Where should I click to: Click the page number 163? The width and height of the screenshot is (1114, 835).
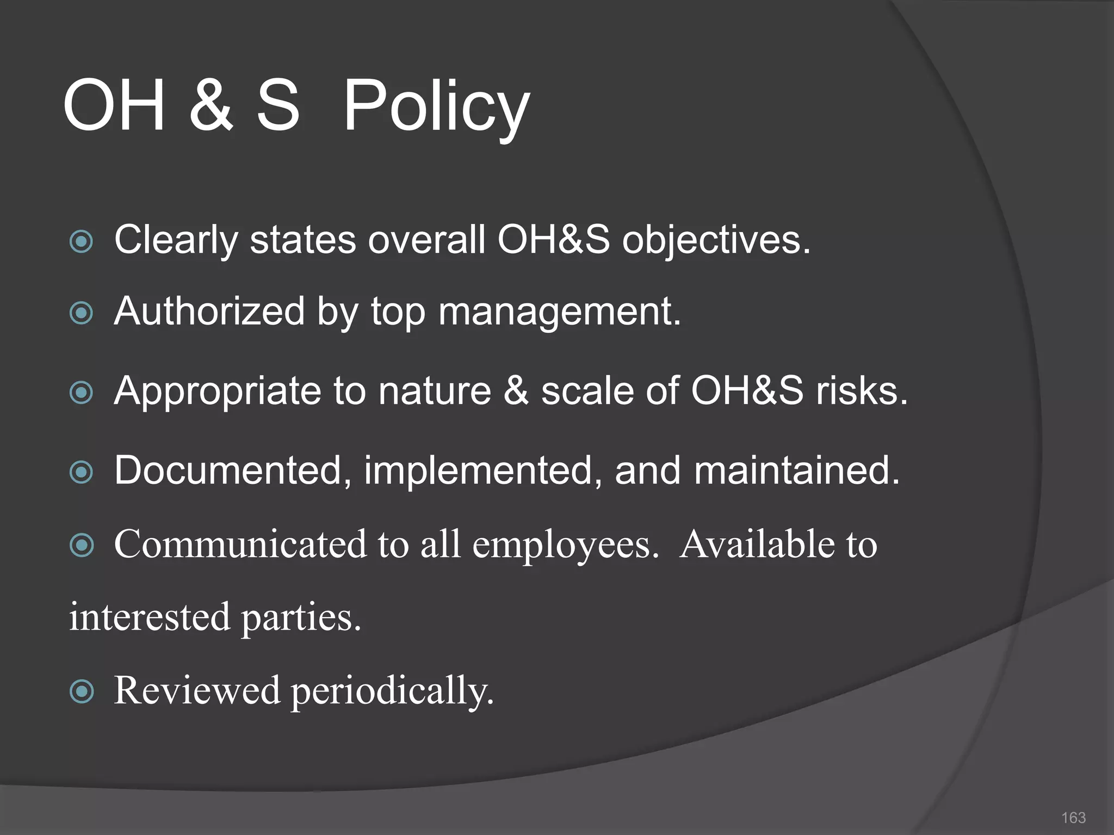[x=1073, y=817]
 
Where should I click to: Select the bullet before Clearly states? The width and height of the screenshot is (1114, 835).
[x=82, y=241]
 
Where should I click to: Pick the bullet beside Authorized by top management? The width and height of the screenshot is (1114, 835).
[x=82, y=313]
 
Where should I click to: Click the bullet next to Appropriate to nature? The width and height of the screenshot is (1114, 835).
[x=82, y=392]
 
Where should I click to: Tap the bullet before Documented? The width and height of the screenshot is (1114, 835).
[x=82, y=471]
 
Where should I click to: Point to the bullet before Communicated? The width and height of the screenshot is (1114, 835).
[x=82, y=545]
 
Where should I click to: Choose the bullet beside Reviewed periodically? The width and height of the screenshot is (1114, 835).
[x=82, y=691]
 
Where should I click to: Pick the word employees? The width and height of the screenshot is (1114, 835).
[x=565, y=544]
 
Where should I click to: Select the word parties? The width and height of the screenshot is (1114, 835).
[x=301, y=618]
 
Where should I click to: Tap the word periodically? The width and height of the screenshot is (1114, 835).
[x=392, y=691]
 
